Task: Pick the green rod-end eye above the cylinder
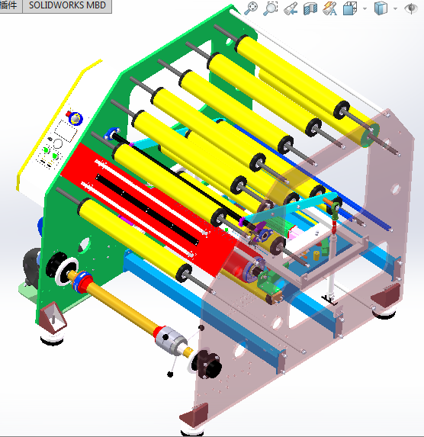click(334, 206)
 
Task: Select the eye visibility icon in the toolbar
click(410, 9)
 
